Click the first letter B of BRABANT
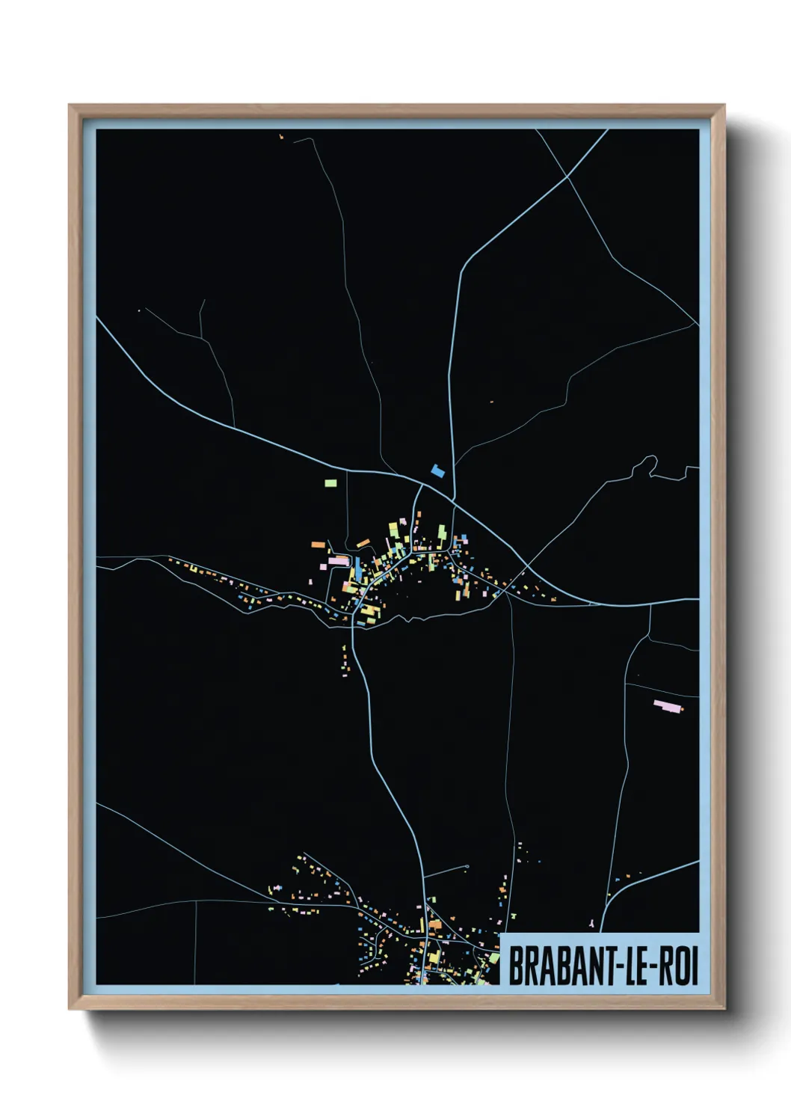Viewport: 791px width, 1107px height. tap(515, 966)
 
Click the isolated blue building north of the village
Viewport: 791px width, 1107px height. tap(438, 470)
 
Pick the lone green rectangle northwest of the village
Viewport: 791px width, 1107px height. tap(330, 482)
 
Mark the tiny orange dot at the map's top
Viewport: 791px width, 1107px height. tap(281, 136)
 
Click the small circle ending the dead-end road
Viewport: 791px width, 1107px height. tap(467, 867)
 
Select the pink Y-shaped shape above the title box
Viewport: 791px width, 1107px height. tap(593, 924)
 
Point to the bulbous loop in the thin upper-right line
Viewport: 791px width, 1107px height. tap(645, 465)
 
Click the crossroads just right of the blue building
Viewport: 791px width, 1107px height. tap(453, 499)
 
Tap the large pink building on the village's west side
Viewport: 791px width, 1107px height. tap(338, 560)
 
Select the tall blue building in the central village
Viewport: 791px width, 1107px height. tap(357, 568)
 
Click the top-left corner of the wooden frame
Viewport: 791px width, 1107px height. tap(70, 106)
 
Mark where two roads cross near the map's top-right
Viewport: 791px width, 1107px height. tap(567, 177)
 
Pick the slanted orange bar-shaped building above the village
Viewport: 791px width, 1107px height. tap(363, 542)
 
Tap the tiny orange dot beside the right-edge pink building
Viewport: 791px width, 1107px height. tap(681, 709)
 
